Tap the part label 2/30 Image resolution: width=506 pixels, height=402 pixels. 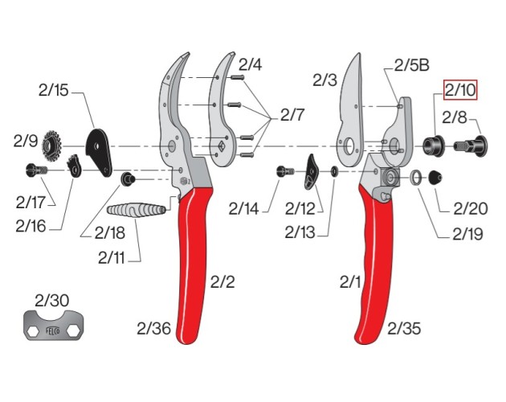click(52, 300)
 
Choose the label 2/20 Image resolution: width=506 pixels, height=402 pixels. click(470, 209)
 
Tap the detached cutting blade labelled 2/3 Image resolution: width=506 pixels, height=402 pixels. click(353, 105)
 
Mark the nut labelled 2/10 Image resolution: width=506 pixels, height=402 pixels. click(435, 146)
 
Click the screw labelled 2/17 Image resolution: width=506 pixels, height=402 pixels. click(35, 170)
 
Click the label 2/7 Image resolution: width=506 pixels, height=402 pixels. click(292, 115)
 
